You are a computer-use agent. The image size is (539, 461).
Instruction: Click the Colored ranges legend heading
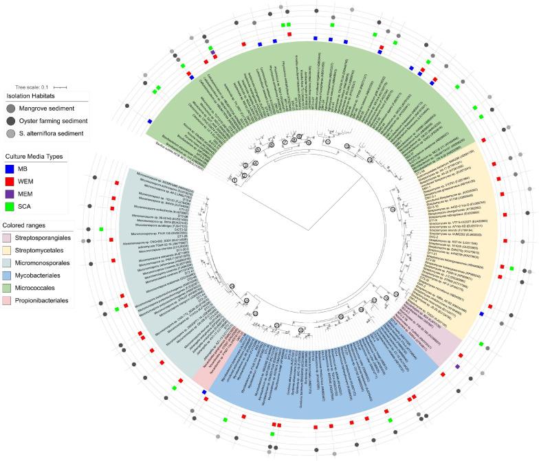pyautogui.click(x=28, y=226)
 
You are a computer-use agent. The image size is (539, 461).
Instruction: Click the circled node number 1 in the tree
pyautogui.click(x=234, y=179)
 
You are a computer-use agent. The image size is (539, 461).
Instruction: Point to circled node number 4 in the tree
pyautogui.click(x=255, y=163)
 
